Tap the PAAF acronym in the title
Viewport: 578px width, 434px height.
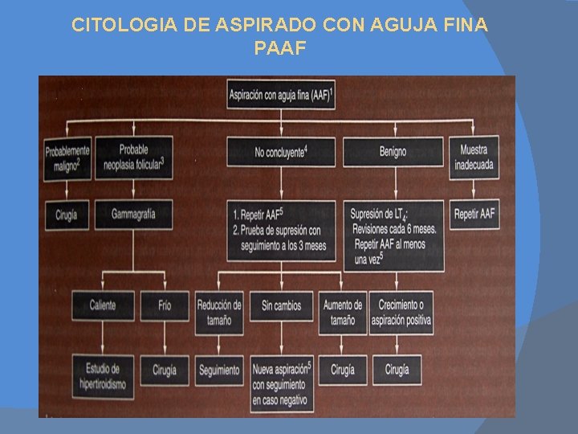(279, 48)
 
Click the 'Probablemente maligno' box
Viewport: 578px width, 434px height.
(67, 157)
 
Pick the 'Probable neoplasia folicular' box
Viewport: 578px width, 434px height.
(133, 157)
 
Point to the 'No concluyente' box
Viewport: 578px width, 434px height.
(282, 152)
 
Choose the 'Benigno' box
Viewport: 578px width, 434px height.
(393, 152)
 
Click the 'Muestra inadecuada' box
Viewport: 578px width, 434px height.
(474, 157)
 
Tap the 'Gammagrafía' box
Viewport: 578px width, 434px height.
(133, 215)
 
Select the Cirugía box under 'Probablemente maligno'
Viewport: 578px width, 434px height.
(67, 215)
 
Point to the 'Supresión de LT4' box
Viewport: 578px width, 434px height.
(393, 235)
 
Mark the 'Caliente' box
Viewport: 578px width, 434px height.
(103, 305)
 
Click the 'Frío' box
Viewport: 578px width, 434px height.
(165, 305)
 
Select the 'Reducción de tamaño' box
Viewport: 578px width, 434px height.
(219, 312)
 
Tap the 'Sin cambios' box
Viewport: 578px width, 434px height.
(282, 305)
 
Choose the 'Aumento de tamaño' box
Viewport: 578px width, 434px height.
(343, 312)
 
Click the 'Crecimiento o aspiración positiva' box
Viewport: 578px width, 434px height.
(401, 312)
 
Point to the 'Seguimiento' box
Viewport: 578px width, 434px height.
(219, 370)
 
